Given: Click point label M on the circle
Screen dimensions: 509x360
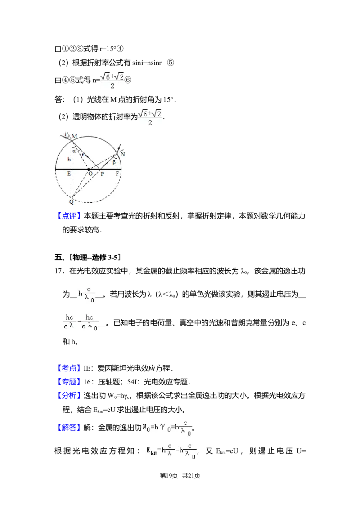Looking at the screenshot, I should coord(75,136).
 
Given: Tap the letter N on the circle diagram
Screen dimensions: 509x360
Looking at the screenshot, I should coord(122,154).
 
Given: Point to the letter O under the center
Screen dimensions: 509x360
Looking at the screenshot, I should coord(90,174).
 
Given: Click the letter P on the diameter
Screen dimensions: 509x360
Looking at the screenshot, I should coord(102,174).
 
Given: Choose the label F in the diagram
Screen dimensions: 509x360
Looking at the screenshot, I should coord(117,174).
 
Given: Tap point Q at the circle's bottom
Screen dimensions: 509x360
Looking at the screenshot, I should coord(71,201).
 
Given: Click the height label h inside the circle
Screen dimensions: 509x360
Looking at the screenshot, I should coord(69,159).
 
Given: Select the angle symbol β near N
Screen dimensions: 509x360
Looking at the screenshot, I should coord(114,162).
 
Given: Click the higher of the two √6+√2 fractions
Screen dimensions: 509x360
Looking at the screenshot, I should coord(112,80).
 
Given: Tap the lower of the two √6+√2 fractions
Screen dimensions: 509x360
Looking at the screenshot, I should coord(151,118).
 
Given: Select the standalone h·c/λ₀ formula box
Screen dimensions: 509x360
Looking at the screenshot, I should coord(86,295).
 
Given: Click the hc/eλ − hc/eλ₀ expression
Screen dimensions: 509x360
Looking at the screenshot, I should coord(81,323).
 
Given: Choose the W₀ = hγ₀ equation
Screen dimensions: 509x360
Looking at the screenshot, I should coord(167,429).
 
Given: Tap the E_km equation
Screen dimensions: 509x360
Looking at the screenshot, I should coord(171,449).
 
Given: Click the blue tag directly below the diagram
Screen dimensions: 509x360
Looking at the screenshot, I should coord(70,215).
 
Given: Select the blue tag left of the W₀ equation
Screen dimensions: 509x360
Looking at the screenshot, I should coord(69,427).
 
